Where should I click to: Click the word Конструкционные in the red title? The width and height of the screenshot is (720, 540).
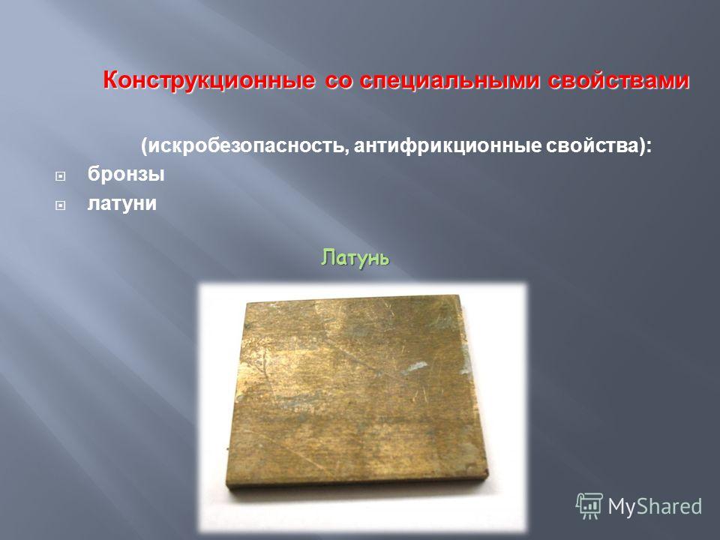[209, 81]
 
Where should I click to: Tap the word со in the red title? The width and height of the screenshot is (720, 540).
[339, 81]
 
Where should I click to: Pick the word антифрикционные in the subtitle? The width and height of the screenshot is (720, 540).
[448, 146]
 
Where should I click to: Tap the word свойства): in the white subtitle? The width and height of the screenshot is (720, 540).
[599, 146]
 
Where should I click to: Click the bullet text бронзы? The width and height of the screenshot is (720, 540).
[126, 174]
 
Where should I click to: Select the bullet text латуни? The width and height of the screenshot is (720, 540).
[121, 203]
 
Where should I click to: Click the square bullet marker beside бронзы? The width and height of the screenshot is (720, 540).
[60, 176]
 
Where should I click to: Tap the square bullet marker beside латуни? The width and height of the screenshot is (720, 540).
[60, 205]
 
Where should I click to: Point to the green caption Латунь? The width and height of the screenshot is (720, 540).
[355, 257]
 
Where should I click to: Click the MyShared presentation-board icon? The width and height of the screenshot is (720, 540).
[589, 505]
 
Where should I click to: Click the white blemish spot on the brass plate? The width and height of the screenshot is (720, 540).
[414, 367]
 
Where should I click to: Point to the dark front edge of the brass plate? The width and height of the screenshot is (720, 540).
[357, 481]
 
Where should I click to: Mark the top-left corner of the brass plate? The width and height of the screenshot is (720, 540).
[247, 302]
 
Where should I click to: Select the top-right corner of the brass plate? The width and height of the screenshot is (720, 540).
[459, 295]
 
